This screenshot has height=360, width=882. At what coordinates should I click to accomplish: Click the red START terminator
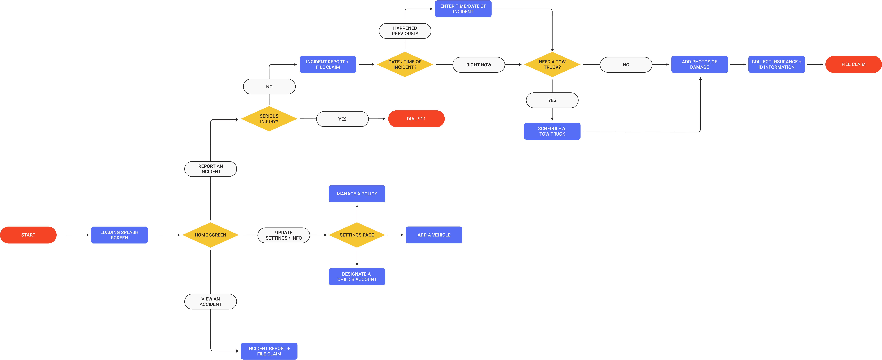(x=28, y=235)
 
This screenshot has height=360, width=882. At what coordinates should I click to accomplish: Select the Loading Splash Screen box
(x=119, y=235)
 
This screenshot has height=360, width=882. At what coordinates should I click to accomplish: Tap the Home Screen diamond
(x=210, y=235)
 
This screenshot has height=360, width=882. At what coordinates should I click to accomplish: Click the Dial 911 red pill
(x=416, y=119)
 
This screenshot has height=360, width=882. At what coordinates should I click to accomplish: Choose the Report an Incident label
(x=210, y=169)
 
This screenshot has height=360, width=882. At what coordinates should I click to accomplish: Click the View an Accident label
(x=210, y=302)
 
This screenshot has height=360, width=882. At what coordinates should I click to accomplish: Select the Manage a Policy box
(x=357, y=194)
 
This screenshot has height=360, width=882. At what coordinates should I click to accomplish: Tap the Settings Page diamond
(x=357, y=235)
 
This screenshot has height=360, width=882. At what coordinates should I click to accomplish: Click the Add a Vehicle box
(x=434, y=235)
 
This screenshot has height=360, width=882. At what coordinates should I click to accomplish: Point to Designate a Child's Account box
(x=357, y=276)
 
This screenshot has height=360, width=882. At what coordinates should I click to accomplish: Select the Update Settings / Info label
(x=284, y=235)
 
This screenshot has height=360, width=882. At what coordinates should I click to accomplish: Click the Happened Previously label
(x=405, y=31)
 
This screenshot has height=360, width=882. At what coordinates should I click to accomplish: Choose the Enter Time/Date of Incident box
(x=463, y=9)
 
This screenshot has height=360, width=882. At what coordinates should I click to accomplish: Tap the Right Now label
(x=478, y=65)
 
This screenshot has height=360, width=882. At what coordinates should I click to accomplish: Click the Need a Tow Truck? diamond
(x=552, y=64)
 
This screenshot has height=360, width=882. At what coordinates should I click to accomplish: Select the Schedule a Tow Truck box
(x=552, y=131)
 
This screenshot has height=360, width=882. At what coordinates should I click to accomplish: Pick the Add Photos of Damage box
(x=699, y=64)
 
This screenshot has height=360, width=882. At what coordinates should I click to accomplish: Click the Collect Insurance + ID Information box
(x=776, y=64)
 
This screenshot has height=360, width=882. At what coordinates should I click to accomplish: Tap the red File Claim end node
(x=853, y=64)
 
